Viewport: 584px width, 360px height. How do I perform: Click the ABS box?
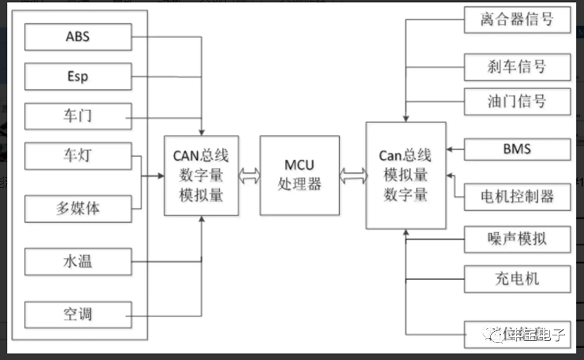pyautogui.click(x=78, y=37)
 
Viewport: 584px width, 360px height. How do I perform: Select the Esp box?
pyautogui.click(x=78, y=76)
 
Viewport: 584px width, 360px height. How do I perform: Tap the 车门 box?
pyautogui.click(x=78, y=116)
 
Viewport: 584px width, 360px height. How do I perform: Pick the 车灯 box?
pyautogui.click(x=78, y=155)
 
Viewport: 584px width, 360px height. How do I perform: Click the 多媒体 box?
pyautogui.click(x=78, y=209)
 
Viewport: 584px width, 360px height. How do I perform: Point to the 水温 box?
pyautogui.click(x=78, y=262)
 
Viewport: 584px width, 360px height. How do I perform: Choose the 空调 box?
pyautogui.click(x=78, y=314)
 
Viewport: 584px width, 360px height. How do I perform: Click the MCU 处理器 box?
pyautogui.click(x=299, y=175)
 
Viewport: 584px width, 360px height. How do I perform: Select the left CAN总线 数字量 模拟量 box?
pyautogui.click(x=201, y=175)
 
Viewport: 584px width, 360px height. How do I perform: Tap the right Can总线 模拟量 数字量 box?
pyautogui.click(x=405, y=175)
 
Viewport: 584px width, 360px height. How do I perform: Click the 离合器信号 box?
pyautogui.click(x=517, y=20)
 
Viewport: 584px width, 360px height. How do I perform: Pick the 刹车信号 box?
pyautogui.click(x=517, y=67)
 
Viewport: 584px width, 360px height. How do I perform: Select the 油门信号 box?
pyautogui.click(x=517, y=101)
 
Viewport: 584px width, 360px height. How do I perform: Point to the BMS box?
pyautogui.click(x=517, y=149)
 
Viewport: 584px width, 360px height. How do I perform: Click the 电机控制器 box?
pyautogui.click(x=517, y=196)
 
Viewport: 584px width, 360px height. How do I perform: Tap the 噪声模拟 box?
pyautogui.click(x=517, y=240)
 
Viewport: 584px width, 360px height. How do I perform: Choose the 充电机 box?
pyautogui.click(x=517, y=279)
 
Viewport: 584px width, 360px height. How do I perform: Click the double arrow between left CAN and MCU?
pyautogui.click(x=249, y=176)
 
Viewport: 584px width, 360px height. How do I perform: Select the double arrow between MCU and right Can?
pyautogui.click(x=353, y=176)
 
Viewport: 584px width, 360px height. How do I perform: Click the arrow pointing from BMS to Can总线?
pyautogui.click(x=455, y=149)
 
